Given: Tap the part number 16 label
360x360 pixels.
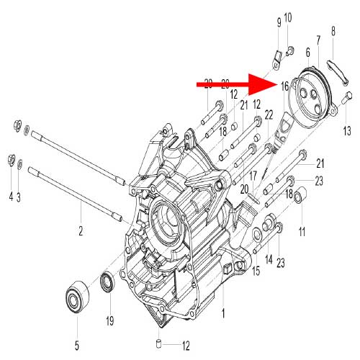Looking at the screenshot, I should pyautogui.click(x=285, y=86).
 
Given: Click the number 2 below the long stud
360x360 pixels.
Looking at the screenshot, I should pyautogui.click(x=81, y=231).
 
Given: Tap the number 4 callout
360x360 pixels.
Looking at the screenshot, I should pyautogui.click(x=11, y=196).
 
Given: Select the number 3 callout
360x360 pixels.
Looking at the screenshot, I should pyautogui.click(x=20, y=196).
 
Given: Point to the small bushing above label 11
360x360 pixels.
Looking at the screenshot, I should pyautogui.click(x=301, y=195).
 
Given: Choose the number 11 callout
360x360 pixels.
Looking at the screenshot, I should pyautogui.click(x=302, y=231).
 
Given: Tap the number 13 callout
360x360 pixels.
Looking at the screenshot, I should pyautogui.click(x=346, y=130).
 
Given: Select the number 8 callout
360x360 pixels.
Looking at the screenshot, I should pyautogui.click(x=333, y=31).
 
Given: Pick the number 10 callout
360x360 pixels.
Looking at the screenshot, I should pyautogui.click(x=288, y=17).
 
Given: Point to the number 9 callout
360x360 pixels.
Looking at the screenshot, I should pyautogui.click(x=279, y=22).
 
